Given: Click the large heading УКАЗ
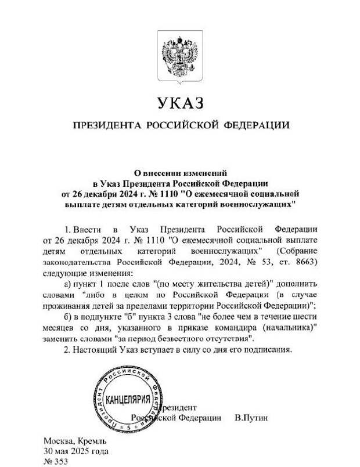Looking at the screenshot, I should (x=179, y=104).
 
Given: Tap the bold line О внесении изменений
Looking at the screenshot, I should (x=179, y=172).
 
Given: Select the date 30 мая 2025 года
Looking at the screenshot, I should (x=75, y=451).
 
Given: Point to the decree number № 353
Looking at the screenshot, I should (x=56, y=462).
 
